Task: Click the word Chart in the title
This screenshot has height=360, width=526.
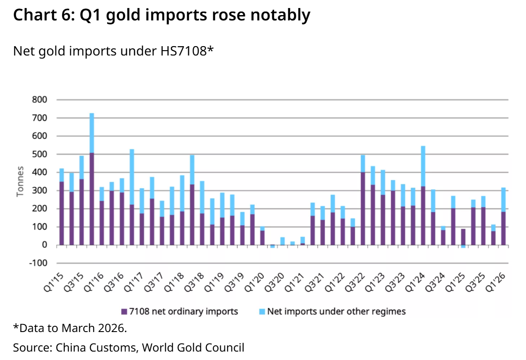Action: tap(35, 15)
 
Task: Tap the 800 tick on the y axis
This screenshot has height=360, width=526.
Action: tap(39, 100)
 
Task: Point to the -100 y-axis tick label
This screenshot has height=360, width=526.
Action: tap(38, 263)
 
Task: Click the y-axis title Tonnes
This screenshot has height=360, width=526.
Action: tap(20, 182)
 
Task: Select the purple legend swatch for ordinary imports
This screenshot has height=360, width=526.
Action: tap(124, 312)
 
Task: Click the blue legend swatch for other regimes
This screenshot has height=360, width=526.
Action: tap(262, 312)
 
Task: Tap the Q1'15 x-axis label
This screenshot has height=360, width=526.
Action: tap(54, 282)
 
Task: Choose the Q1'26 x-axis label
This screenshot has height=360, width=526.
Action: tap(495, 282)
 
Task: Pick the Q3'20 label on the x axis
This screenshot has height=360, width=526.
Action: tap(275, 282)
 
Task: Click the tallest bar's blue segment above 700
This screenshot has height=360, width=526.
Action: tap(91, 133)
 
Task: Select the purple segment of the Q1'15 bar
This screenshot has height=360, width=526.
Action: tap(62, 213)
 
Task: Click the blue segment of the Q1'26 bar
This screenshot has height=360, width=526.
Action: tap(503, 199)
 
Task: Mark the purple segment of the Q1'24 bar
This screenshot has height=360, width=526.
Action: tap(423, 216)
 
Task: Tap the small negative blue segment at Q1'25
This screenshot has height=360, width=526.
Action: tap(463, 246)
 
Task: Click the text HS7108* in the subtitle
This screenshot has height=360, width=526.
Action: tap(187, 51)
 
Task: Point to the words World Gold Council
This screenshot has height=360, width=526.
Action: tap(193, 347)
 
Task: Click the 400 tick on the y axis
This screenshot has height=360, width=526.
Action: tap(39, 172)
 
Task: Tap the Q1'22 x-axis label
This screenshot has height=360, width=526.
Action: tap(335, 282)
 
